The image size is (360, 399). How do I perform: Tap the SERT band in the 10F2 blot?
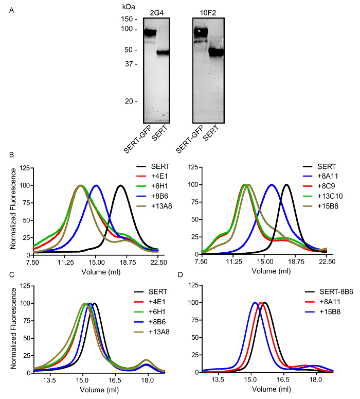(x=215, y=52)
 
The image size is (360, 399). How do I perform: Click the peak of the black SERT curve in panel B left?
(x=120, y=185)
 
